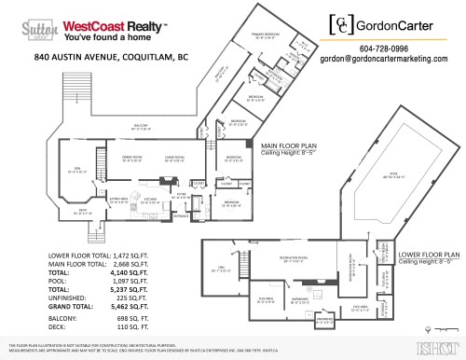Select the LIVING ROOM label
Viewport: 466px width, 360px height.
pos(176,158)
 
